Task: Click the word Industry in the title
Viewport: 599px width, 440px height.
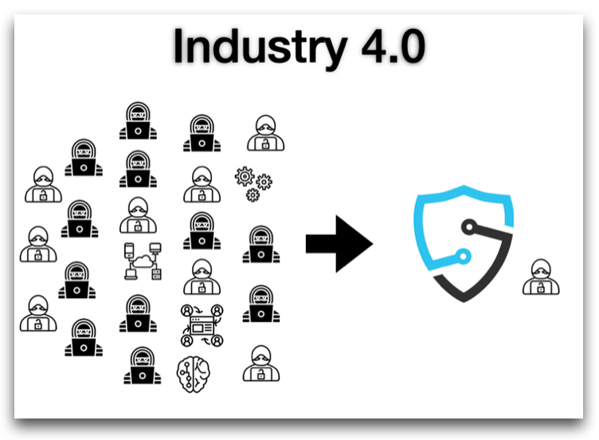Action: pyautogui.click(x=260, y=48)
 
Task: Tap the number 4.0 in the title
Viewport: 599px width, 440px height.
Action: pyautogui.click(x=393, y=46)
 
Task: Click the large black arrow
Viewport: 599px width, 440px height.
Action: pyautogui.click(x=339, y=244)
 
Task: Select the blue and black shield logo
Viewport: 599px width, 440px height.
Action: pyautogui.click(x=464, y=243)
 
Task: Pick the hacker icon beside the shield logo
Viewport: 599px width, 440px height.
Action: pyautogui.click(x=541, y=277)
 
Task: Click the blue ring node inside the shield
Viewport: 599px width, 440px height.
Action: pyautogui.click(x=463, y=256)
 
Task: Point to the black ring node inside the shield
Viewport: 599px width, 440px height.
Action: pyautogui.click(x=469, y=227)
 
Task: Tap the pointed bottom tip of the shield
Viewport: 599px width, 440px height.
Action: pyautogui.click(x=464, y=301)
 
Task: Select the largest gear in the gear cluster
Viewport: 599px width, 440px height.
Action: pyautogui.click(x=245, y=176)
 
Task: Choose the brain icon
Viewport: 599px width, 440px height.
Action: pyautogui.click(x=194, y=375)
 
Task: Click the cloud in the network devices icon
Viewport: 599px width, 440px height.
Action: pyautogui.click(x=142, y=261)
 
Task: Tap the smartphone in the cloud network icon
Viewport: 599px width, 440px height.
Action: pyautogui.click(x=129, y=250)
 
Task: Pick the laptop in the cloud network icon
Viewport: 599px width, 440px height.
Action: pyautogui.click(x=131, y=274)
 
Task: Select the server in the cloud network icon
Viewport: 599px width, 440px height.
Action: pyautogui.click(x=156, y=274)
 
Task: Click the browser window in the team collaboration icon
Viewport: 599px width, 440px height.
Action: pyautogui.click(x=202, y=325)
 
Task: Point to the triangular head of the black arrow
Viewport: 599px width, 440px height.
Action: pyautogui.click(x=354, y=244)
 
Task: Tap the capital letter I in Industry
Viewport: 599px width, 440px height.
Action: pyautogui.click(x=178, y=45)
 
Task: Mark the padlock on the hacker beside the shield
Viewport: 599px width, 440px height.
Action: pyautogui.click(x=541, y=288)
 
